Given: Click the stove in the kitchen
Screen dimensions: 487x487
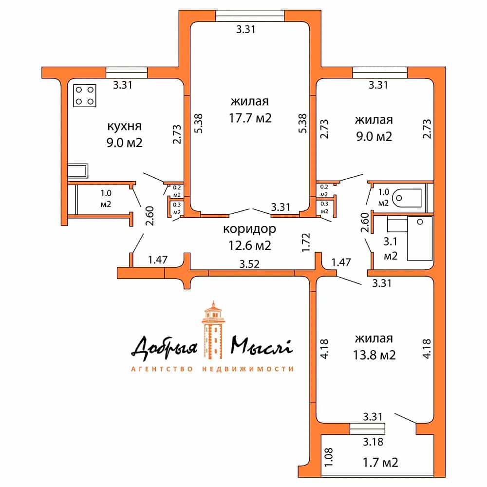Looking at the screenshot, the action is point(84,95).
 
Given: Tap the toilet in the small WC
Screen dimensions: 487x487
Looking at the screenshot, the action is point(407,198).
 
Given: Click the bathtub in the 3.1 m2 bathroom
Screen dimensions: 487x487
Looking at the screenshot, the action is point(420,239).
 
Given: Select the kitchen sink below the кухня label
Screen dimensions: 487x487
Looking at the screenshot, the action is point(77,171).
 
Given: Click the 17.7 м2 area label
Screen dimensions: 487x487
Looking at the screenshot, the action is point(250,118).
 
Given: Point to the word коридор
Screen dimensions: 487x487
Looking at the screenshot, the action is point(249,229).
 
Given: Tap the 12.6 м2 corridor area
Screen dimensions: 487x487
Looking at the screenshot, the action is point(250,245).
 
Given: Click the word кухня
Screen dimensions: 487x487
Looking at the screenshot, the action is point(124,126).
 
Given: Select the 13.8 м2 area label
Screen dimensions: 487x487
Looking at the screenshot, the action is point(374,355).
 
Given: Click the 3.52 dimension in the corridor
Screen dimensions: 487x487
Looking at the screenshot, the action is point(249,264).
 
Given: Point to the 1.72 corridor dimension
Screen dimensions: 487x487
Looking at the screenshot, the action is point(306,243).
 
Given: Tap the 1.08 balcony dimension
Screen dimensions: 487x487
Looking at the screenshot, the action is point(329,457).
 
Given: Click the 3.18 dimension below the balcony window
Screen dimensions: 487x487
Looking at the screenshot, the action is point(373,442).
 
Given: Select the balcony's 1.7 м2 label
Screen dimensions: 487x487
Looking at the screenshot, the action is point(380,463).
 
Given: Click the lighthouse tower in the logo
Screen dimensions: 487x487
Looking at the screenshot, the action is point(213,330).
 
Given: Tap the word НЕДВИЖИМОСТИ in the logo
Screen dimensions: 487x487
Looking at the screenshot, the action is point(248,369).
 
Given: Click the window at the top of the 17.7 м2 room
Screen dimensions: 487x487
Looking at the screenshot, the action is point(250,16).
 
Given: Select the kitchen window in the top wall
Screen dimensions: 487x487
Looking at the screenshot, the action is point(127,73).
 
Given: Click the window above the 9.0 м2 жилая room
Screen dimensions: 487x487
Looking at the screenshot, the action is point(379,73).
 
